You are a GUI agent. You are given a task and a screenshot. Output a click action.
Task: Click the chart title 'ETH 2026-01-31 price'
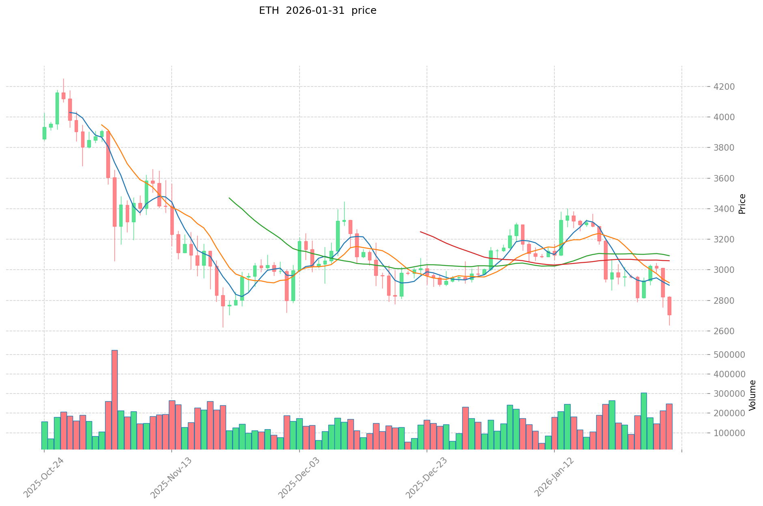[x=317, y=11]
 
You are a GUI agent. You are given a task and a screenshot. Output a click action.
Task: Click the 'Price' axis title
[x=742, y=204]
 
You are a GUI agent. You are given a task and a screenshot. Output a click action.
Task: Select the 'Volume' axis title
[x=752, y=395]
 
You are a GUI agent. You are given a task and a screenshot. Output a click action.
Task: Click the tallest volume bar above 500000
[x=114, y=400]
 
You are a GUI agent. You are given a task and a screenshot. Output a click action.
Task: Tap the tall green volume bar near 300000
[x=644, y=421]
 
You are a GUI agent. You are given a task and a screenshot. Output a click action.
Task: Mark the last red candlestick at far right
[x=669, y=306]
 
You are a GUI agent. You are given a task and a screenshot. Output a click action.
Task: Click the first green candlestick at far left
[x=44, y=133]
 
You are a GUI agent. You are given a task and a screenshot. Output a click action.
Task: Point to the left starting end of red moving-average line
[x=420, y=232]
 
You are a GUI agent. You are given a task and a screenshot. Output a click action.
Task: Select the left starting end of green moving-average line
[x=229, y=198]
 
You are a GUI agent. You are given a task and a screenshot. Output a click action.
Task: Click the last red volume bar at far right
[x=669, y=426]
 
